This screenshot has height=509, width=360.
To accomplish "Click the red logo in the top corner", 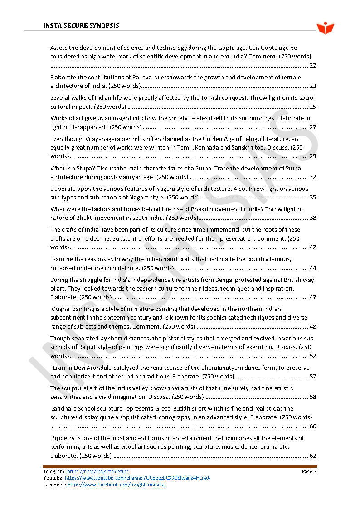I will coord(325,28).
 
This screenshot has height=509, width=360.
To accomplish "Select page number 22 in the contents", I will coord(312,66).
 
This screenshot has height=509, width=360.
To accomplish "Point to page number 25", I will coord(312,107).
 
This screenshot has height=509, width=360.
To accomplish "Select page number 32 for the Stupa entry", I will coord(312,177).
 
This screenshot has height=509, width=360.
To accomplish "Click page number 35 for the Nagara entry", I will coord(312,197).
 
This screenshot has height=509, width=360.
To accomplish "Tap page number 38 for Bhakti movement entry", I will coord(312,218).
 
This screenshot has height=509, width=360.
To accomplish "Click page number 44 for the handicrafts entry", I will coord(312,268).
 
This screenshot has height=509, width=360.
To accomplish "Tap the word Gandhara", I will coord(64,408).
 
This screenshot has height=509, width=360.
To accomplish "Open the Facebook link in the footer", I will coord(116,485).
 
